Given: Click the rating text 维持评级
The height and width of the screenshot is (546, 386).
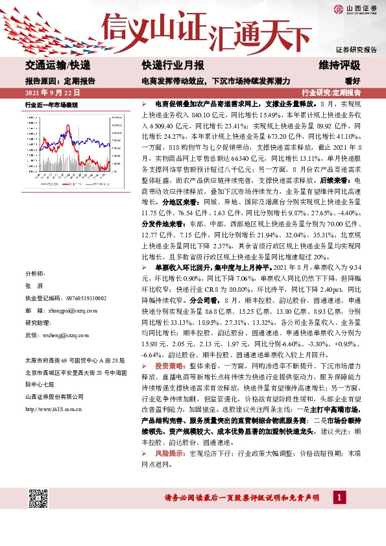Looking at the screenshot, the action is click(339, 66).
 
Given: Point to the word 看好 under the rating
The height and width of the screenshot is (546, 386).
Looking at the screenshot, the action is click(353, 81).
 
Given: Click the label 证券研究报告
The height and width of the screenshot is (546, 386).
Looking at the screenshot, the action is click(357, 50).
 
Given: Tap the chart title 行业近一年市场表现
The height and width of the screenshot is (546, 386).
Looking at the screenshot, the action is click(51, 104).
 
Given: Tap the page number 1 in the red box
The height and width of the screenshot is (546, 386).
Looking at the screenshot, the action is click(339, 497).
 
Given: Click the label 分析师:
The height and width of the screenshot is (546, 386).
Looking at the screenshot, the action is click(34, 274).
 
